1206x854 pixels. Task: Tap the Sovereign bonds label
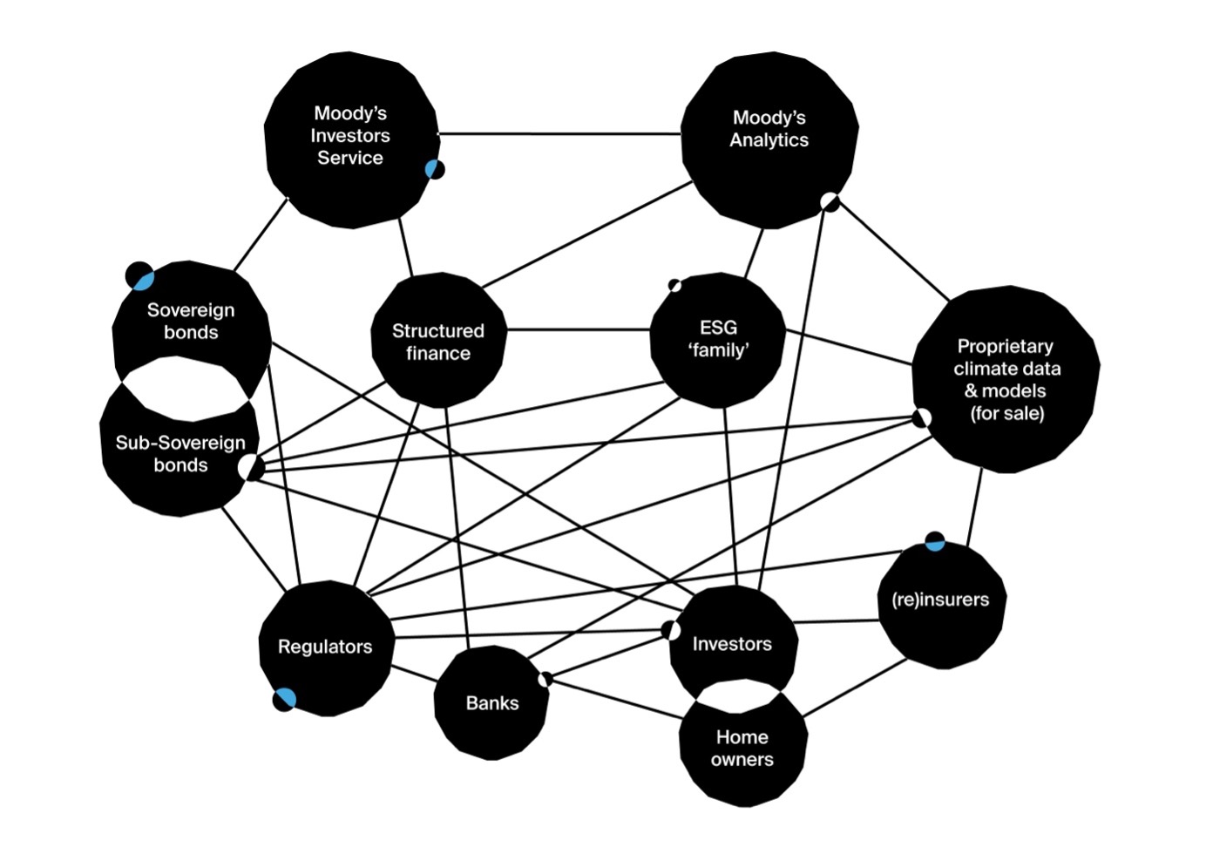[x=191, y=321]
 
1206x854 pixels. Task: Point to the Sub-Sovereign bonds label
[x=180, y=454]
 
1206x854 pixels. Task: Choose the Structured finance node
[x=437, y=341]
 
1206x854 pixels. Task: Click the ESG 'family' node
[x=718, y=339]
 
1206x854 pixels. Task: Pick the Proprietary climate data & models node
[x=1006, y=380]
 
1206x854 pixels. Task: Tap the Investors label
[x=732, y=644]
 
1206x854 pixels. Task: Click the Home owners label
[x=742, y=748]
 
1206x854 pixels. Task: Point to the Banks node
[x=491, y=703]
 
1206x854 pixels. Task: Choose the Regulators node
[x=325, y=647]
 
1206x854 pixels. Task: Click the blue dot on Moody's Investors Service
[x=433, y=169]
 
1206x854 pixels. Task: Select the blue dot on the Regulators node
[x=285, y=698]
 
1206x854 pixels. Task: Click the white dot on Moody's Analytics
[x=829, y=201]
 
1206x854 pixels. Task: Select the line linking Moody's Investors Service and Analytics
[x=558, y=134]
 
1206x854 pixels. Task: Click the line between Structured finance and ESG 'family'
[x=577, y=330]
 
